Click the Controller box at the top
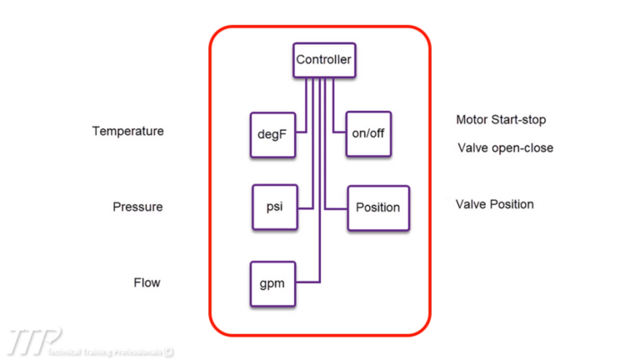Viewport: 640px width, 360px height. [x=324, y=60]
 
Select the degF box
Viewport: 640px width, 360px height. [x=272, y=133]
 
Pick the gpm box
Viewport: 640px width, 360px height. [x=272, y=282]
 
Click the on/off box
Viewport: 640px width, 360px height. [x=367, y=132]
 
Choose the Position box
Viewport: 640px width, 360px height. [x=377, y=207]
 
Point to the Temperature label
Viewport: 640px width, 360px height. [x=127, y=132]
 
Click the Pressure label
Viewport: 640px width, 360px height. [x=137, y=207]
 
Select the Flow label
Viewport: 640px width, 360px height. [x=147, y=282]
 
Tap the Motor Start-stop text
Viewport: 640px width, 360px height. [x=501, y=120]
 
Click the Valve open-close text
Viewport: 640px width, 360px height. [x=505, y=148]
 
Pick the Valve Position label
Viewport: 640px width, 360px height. [x=495, y=204]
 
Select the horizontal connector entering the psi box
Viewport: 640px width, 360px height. [x=302, y=207]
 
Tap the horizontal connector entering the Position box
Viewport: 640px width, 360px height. [x=337, y=207]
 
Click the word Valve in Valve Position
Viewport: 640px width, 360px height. [x=470, y=204]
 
